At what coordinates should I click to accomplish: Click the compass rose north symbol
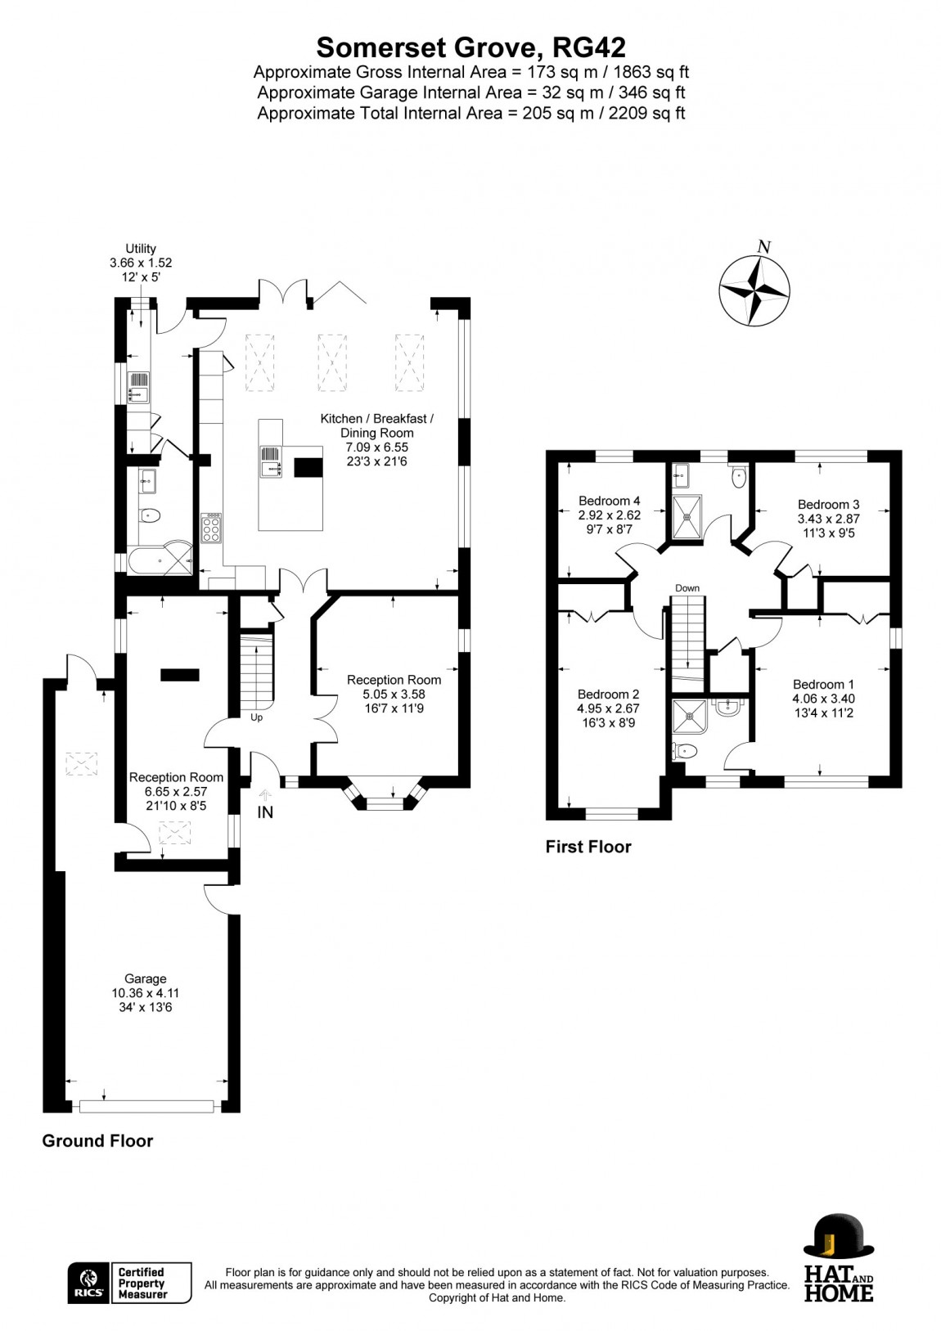[754, 290]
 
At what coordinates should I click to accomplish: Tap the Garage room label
[146, 978]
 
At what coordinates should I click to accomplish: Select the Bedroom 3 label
[828, 504]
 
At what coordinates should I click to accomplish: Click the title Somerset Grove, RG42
[470, 45]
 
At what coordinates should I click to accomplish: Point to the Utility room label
[140, 249]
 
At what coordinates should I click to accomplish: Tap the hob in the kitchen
[210, 528]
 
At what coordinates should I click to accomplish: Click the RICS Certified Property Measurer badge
[129, 1283]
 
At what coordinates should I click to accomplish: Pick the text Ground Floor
[97, 1140]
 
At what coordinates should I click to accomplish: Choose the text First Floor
[588, 847]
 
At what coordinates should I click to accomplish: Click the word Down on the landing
[687, 588]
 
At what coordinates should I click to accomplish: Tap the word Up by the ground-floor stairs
[256, 717]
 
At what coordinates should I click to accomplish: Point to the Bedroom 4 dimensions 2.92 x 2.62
[609, 515]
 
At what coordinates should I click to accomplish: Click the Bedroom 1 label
[822, 685]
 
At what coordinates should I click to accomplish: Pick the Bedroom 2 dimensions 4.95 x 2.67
[608, 708]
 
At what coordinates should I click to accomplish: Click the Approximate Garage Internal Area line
[470, 92]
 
